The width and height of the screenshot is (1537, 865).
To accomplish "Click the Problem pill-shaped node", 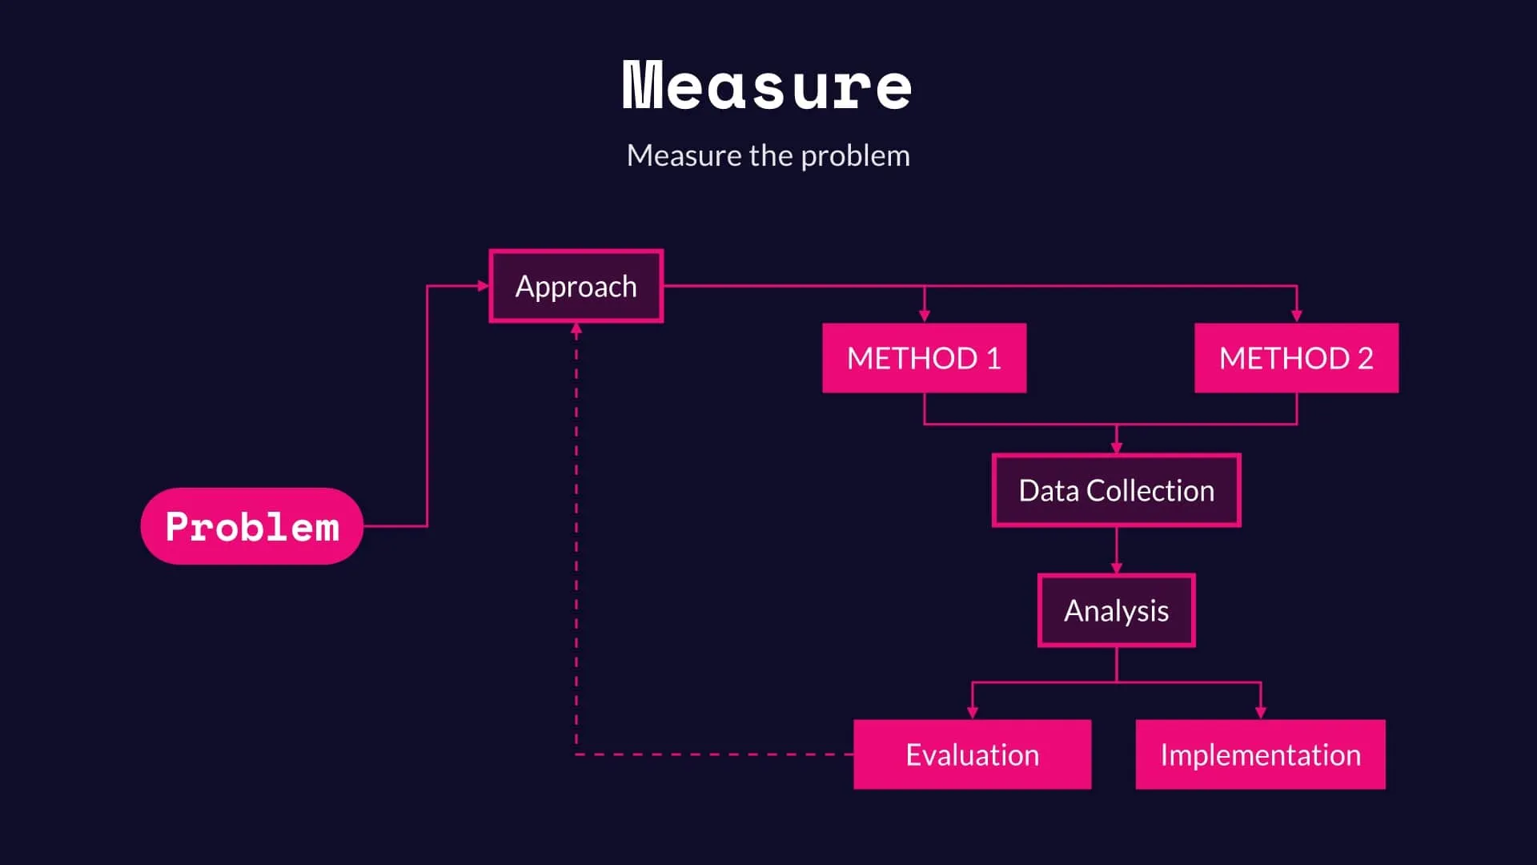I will coord(251,526).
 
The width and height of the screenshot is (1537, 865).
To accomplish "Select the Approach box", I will coord(576,286).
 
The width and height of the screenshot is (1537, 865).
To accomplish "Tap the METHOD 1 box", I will coord(924,358).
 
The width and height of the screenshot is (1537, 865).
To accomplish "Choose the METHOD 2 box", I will coord(1296,358).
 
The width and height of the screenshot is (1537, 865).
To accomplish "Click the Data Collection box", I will coord(1116,490).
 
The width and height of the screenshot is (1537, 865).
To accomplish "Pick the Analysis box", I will coord(1116,610).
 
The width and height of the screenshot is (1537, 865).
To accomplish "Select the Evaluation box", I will coord(972,754).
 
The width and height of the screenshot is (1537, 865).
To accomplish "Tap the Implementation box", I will coord(1260,754).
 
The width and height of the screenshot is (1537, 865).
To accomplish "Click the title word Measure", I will coord(767,86).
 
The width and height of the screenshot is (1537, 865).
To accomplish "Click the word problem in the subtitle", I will coord(855,155).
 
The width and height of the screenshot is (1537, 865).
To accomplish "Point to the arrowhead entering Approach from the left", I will coord(483,286).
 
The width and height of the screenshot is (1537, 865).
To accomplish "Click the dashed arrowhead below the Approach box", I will coord(576,328).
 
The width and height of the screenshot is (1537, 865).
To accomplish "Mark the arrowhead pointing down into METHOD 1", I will coord(925,316).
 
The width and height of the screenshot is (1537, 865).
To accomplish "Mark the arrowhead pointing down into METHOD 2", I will coord(1297,316).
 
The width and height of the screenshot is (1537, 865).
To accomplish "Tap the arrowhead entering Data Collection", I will coord(1117,448).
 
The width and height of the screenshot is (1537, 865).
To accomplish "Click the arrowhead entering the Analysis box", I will coord(1117,568).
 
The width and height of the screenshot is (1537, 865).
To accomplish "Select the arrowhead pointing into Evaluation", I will coord(973,713).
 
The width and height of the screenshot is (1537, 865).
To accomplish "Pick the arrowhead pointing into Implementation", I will coord(1261,713).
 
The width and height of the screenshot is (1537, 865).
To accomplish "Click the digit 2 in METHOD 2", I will coord(1365,358).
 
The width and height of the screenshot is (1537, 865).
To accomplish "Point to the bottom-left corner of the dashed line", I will coord(576,754).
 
